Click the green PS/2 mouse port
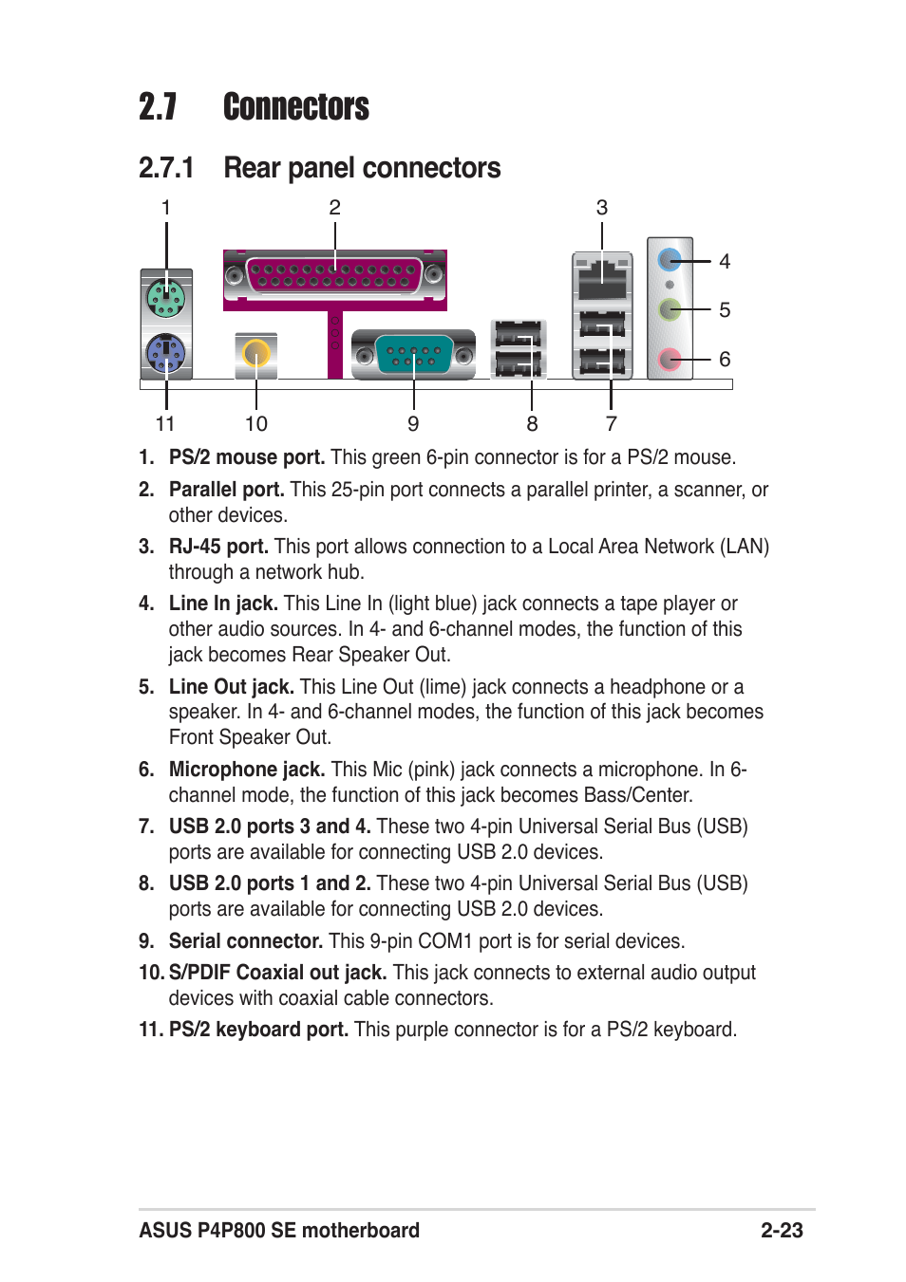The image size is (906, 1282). [166, 299]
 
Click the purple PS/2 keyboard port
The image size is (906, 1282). [166, 355]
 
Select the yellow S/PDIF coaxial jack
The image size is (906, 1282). [255, 354]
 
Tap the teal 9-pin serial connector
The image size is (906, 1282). [413, 356]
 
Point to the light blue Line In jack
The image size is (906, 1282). [670, 259]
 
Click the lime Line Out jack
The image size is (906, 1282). [670, 309]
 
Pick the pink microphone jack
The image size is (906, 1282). [670, 360]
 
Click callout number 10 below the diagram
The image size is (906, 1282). [256, 424]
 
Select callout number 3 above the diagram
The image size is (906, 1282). [602, 208]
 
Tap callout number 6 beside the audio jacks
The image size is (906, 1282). [725, 360]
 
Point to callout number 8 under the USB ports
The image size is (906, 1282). [532, 424]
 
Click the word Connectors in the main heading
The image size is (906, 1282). [296, 107]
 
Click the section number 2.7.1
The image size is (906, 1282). [166, 168]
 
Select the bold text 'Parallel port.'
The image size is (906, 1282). [226, 490]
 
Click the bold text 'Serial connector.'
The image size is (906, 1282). [246, 941]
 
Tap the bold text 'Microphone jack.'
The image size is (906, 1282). [247, 770]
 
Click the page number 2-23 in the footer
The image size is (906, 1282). [782, 1231]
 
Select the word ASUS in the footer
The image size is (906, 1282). [165, 1231]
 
